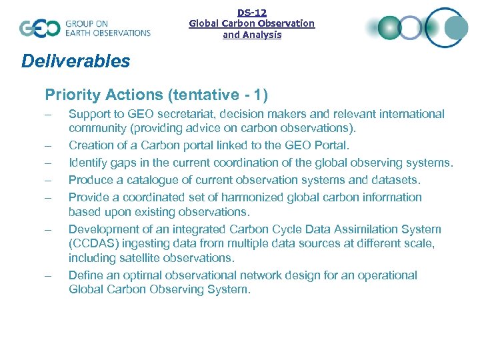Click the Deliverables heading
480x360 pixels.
click(75, 61)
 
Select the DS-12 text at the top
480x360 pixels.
click(251, 12)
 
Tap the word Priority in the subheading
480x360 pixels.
click(70, 95)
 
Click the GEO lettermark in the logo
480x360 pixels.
click(39, 28)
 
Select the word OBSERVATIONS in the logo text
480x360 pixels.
click(119, 33)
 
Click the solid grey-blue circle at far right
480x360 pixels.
click(457, 28)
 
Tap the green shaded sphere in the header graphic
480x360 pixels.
click(389, 28)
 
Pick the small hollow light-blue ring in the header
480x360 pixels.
click(410, 28)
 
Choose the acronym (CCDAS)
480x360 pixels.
click(95, 244)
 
